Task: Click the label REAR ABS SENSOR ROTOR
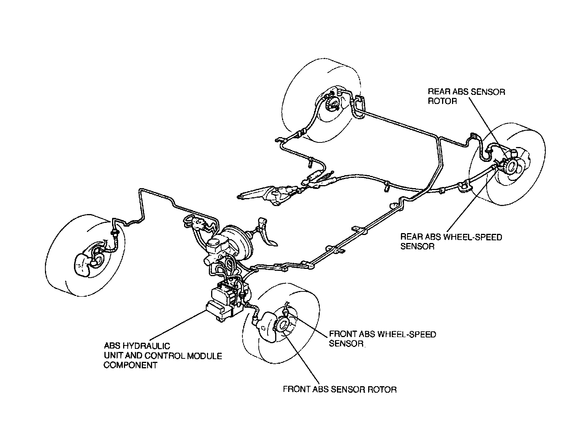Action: click(x=466, y=96)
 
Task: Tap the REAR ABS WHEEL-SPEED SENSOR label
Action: click(x=451, y=241)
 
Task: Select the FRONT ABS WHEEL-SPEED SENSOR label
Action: click(x=382, y=339)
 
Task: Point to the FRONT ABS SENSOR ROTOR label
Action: click(x=340, y=389)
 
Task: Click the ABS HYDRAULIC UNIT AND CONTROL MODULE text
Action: click(x=163, y=355)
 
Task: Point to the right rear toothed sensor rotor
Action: click(x=509, y=167)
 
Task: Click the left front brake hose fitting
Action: click(x=114, y=233)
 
